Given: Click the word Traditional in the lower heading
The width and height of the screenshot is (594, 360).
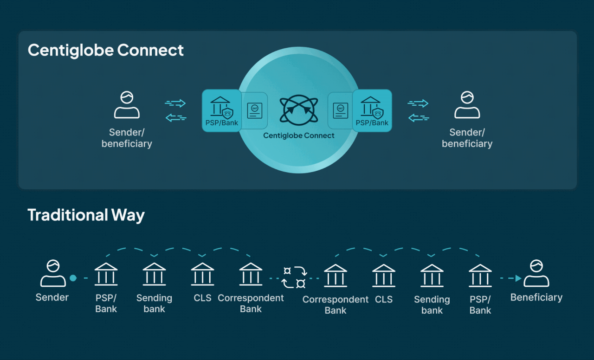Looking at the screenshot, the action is click(x=68, y=215).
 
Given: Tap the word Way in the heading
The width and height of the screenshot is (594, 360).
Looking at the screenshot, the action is click(x=128, y=215).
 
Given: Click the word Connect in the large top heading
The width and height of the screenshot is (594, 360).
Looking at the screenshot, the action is click(x=150, y=50).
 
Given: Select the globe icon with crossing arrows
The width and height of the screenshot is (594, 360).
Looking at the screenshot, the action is click(x=299, y=110).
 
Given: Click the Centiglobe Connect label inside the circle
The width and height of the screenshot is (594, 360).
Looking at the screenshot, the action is click(x=299, y=135).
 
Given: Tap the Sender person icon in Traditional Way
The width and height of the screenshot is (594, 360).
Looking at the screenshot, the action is click(x=53, y=273).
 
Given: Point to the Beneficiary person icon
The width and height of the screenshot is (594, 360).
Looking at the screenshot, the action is click(x=536, y=273).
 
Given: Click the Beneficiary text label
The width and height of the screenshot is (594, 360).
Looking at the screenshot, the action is click(x=536, y=297).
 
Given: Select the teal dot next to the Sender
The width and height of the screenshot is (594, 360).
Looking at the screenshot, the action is click(x=73, y=278).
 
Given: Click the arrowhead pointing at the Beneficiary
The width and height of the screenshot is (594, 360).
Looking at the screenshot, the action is click(x=519, y=278).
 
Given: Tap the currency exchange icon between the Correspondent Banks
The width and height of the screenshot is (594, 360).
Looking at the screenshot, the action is click(x=294, y=277).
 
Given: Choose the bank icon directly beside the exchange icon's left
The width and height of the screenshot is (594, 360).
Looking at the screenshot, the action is click(x=251, y=274).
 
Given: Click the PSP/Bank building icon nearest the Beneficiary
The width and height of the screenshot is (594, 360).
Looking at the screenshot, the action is click(x=480, y=276).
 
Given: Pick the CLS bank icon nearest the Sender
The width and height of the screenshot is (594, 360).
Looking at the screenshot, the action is click(x=202, y=274).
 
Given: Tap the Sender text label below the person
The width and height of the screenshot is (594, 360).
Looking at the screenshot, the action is click(x=52, y=297).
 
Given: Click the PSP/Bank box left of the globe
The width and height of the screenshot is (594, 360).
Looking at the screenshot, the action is click(x=222, y=110).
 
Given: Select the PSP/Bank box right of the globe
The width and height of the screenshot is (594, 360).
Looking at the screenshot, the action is click(x=372, y=110).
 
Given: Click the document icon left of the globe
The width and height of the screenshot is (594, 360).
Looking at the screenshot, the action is click(x=255, y=110).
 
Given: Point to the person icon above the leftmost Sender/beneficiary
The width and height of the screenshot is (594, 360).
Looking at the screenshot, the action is click(x=127, y=105).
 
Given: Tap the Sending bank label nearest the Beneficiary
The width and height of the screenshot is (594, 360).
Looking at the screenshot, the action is click(x=432, y=305).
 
